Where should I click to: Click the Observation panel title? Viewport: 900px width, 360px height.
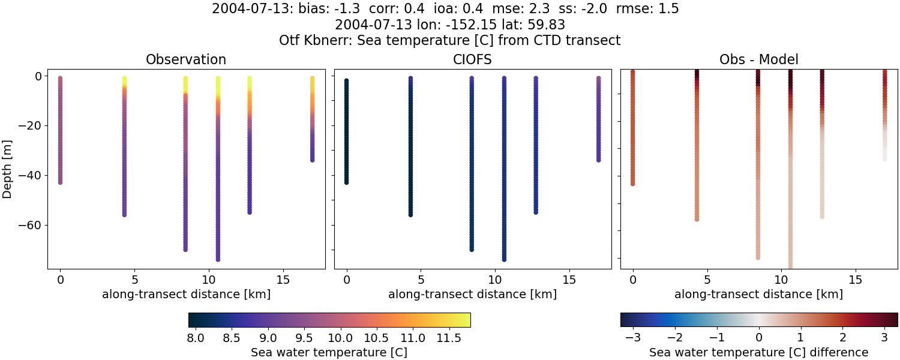[x=186, y=59]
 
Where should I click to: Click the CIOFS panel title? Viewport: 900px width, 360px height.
[x=473, y=59]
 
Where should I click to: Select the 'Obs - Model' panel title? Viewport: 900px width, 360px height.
[x=759, y=59]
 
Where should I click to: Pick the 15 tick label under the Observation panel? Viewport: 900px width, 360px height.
[x=283, y=280]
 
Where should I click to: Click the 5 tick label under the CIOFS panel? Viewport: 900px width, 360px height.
[x=421, y=280]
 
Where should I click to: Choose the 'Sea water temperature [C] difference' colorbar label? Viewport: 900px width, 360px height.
[x=759, y=352]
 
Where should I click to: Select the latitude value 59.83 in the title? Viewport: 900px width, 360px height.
[x=547, y=25]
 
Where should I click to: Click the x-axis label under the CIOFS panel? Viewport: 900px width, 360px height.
[x=473, y=294]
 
